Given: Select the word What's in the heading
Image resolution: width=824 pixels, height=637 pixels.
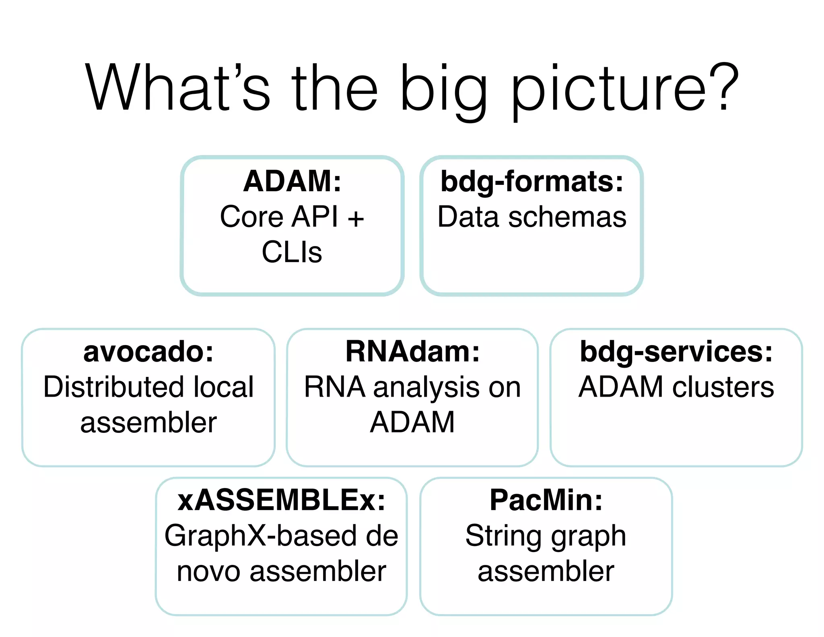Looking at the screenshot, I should point(177,87).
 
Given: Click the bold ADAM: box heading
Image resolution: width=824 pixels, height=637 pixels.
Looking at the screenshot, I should point(292,182).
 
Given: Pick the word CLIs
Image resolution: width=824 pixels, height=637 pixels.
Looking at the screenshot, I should point(292,252).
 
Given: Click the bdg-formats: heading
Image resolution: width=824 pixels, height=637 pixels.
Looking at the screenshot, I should point(532,182).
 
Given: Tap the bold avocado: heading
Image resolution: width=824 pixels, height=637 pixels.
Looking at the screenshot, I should point(148,352).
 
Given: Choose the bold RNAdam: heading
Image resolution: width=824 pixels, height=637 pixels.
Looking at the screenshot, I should point(412,352).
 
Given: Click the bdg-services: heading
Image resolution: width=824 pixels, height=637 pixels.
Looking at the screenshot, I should point(676,352).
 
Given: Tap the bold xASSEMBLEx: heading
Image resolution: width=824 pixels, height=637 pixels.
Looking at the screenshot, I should point(281,500).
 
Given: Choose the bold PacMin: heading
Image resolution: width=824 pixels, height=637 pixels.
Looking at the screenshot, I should point(546,500).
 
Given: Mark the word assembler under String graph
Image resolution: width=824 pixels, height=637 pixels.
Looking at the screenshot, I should point(546,571).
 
